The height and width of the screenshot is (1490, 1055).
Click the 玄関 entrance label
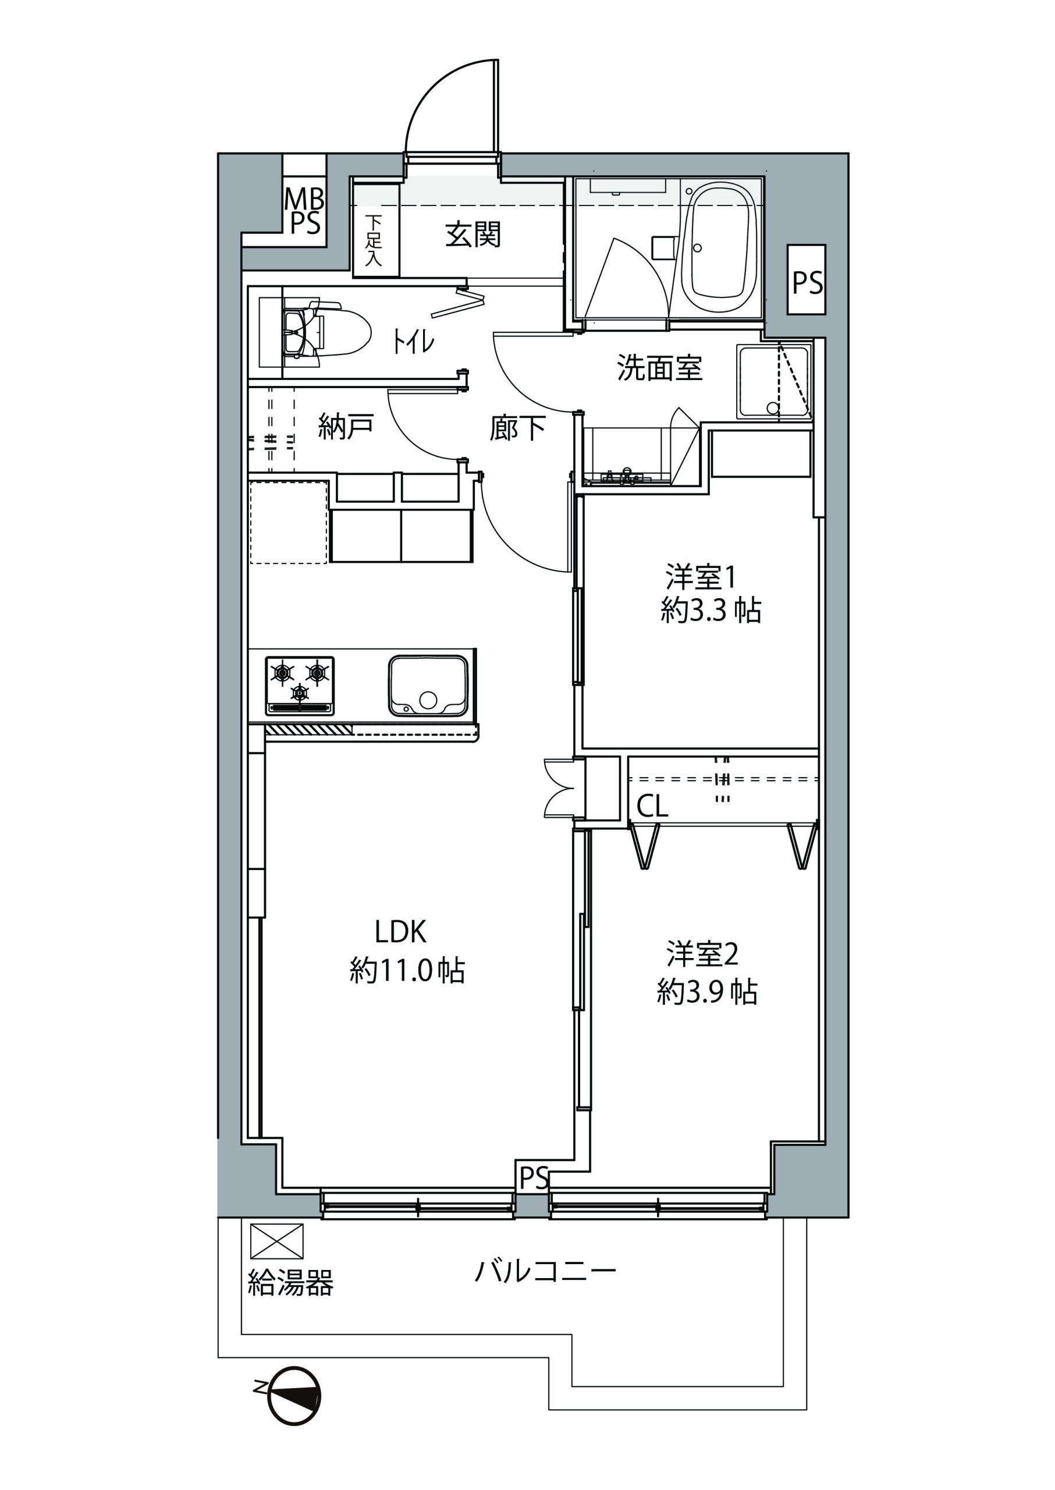click(473, 235)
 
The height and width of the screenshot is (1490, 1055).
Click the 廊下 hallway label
click(517, 428)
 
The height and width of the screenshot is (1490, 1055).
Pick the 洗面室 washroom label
click(659, 368)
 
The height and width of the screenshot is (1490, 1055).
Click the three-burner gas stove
click(300, 686)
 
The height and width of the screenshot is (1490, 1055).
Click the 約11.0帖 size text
click(407, 971)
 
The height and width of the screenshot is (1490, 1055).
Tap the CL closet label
click(652, 807)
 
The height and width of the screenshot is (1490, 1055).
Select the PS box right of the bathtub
click(807, 280)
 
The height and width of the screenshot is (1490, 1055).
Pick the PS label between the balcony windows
click(534, 1177)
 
